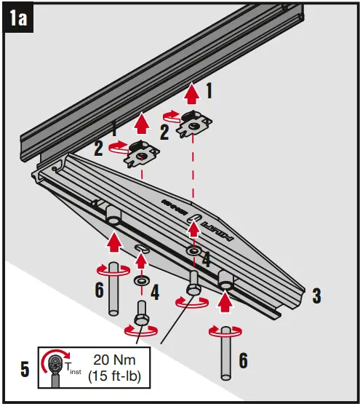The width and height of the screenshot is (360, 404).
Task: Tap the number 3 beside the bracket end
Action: (x=316, y=296)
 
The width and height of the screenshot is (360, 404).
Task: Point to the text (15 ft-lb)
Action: (x=114, y=378)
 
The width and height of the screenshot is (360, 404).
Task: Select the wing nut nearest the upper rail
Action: (x=194, y=125)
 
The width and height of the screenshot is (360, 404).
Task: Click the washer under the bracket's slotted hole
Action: (x=193, y=250)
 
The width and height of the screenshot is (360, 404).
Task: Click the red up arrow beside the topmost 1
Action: (x=191, y=94)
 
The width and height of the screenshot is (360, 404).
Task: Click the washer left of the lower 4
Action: (x=140, y=280)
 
